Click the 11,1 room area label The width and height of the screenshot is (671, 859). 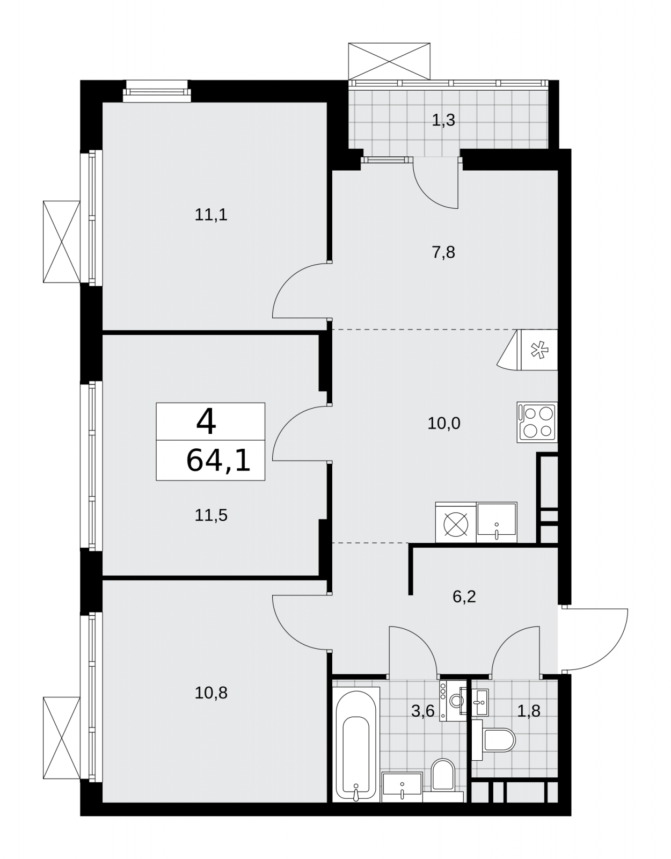[211, 215]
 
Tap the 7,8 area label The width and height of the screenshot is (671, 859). [443, 252]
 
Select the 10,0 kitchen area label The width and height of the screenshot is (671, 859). [444, 424]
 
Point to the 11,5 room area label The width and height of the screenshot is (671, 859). [211, 515]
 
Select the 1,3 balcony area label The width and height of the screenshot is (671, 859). [443, 120]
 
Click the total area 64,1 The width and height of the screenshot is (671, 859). [218, 461]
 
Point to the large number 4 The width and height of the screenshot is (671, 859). [206, 421]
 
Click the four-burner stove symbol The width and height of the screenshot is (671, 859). [537, 422]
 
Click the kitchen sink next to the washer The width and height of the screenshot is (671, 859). [497, 522]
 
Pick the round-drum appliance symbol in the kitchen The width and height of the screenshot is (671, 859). [456, 522]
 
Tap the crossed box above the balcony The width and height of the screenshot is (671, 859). [389, 61]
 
